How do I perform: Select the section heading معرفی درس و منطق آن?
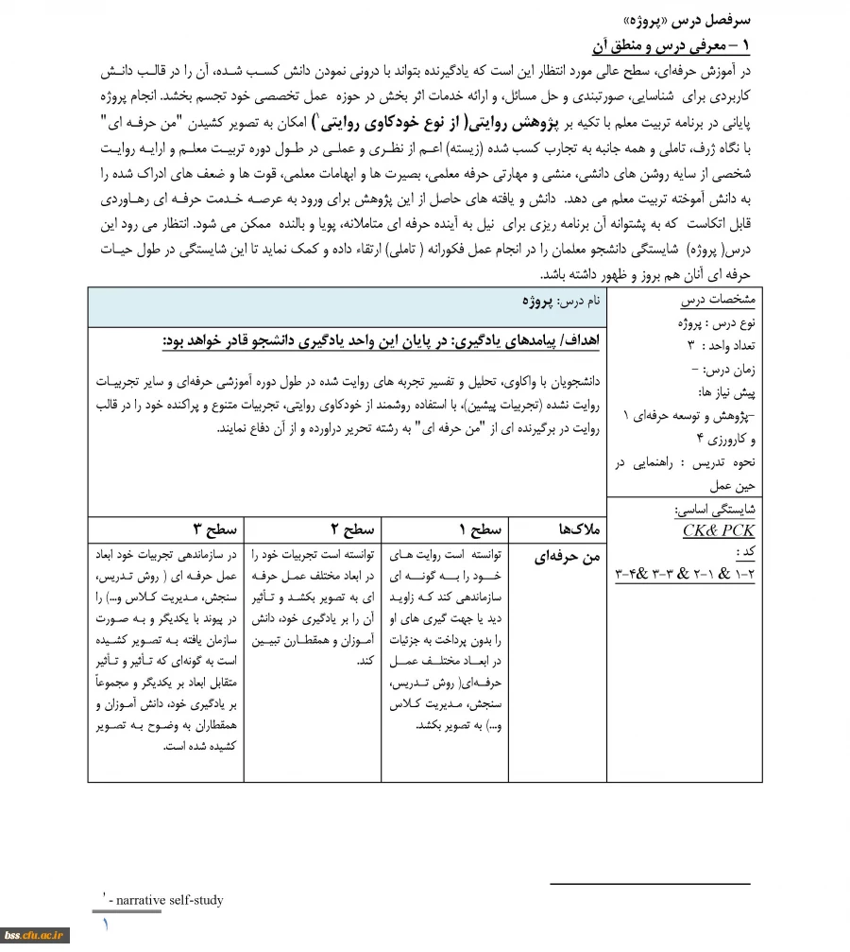coord(670,44)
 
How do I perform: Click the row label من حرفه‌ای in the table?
coord(569,558)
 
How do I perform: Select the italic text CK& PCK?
coord(719,530)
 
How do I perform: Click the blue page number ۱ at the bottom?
coord(105,923)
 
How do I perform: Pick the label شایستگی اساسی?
coord(714,509)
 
